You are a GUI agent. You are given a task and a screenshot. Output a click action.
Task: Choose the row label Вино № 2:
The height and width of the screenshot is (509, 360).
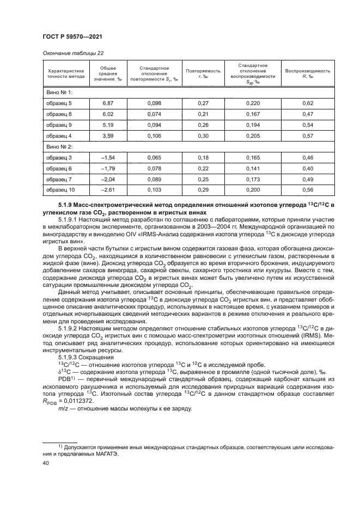point(57,146)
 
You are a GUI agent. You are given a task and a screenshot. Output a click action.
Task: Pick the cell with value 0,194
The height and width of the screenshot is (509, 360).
point(253,125)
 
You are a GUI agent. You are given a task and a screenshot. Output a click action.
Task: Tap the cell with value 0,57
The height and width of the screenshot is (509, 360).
point(308,136)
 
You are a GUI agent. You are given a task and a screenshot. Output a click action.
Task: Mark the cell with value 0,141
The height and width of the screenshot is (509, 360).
point(253,168)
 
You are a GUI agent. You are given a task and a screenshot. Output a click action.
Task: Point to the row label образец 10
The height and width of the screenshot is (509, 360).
point(60,190)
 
